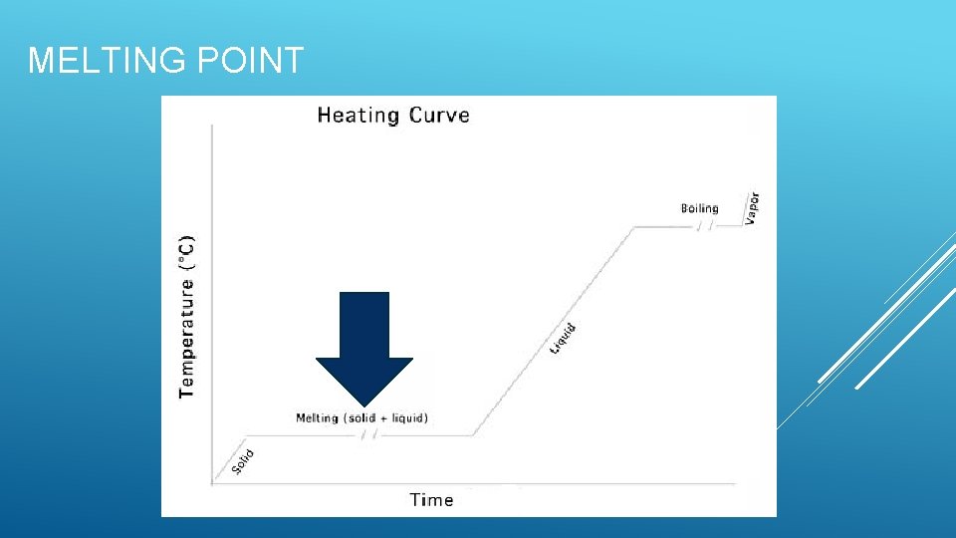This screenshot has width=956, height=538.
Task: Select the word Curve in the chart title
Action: [437, 115]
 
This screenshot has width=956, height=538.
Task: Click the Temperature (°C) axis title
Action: [187, 317]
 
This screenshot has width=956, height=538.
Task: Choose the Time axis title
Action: [431, 499]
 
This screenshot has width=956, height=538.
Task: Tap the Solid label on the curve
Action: [243, 461]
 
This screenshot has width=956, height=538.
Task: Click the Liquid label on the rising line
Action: [564, 337]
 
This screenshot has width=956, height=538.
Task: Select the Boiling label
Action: [699, 208]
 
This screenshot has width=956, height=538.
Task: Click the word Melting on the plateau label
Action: [317, 418]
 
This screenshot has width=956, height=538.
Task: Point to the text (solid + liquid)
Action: [386, 418]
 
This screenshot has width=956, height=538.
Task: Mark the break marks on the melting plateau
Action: [369, 435]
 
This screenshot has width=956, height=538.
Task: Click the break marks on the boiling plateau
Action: [704, 226]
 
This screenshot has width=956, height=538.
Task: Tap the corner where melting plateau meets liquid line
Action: [473, 435]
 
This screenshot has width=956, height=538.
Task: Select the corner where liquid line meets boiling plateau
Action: [634, 227]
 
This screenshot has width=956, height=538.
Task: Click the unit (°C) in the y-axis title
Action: [187, 252]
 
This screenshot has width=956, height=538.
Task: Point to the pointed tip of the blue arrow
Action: [364, 403]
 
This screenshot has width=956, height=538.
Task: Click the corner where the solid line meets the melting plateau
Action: [246, 435]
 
